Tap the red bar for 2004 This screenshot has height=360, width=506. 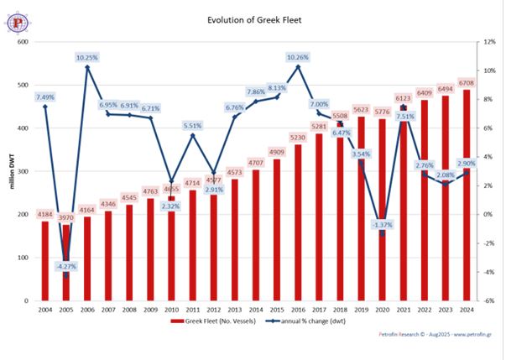44,260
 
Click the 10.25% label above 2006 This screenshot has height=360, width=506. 86,58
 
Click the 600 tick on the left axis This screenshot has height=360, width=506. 23,42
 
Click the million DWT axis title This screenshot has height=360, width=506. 12,171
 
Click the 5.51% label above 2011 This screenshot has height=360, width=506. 193,126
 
